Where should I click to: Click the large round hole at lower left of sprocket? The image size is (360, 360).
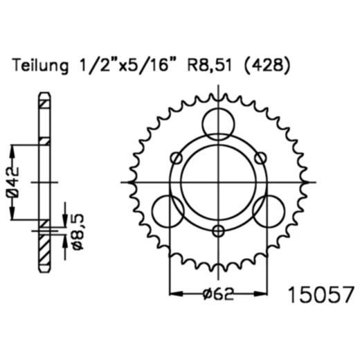click(167, 211)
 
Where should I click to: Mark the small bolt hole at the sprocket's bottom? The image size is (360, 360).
click(218, 231)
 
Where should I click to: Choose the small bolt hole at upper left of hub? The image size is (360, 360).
click(176, 158)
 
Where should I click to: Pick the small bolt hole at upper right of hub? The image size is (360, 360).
click(260, 158)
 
